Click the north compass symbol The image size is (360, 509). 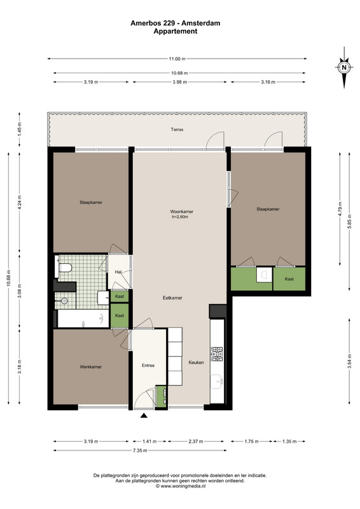click(344, 67)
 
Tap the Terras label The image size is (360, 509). click(177, 130)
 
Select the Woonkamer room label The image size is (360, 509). click(181, 212)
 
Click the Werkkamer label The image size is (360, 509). click(90, 367)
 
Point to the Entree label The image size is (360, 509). click(148, 365)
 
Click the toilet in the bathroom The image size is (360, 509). click(64, 268)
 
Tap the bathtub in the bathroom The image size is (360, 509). click(83, 319)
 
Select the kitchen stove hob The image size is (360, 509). click(216, 354)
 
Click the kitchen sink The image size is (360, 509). click(216, 381)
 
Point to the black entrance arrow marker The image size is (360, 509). click(144, 415)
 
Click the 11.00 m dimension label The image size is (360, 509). click(177, 59)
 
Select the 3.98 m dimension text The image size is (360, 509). click(179, 82)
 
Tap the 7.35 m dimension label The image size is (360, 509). click(140, 450)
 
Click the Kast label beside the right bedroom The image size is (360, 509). click(289, 279)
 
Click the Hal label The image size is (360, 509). click(118, 272)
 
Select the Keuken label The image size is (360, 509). click(197, 363)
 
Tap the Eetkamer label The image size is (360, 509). click(172, 298)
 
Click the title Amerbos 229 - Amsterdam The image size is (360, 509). click(176, 23)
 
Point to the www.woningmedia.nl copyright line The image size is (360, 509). click(181, 486)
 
